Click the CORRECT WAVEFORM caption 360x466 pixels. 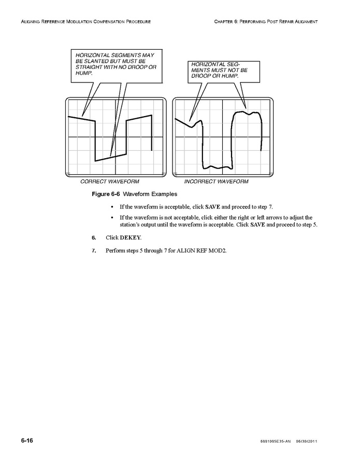pos(109,181)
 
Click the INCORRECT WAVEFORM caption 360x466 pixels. pos(216,181)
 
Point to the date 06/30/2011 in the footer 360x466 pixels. pos(307,441)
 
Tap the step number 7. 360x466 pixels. pos(94,250)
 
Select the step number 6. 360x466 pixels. pos(94,237)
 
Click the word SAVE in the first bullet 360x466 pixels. pos(213,207)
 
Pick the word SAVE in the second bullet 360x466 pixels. pos(257,225)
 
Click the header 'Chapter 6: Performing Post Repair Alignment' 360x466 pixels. pos(265,21)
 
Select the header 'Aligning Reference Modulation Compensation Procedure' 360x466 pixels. pos(85,21)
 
